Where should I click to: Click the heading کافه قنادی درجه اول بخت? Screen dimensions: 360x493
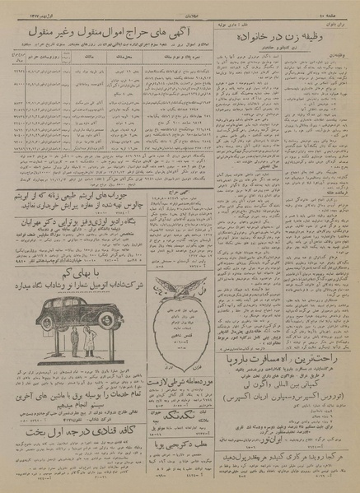pos(75,453)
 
